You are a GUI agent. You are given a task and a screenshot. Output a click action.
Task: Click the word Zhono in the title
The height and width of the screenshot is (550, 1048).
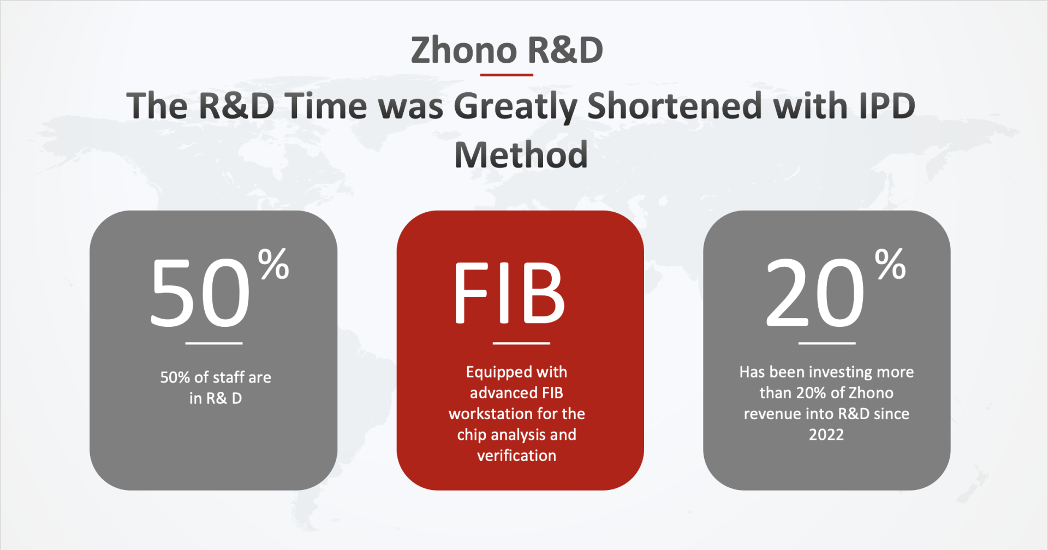464,50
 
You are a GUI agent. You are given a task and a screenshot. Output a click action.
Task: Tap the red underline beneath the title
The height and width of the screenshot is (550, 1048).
507,75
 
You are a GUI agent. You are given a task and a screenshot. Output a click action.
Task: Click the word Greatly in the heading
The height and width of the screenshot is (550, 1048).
515,107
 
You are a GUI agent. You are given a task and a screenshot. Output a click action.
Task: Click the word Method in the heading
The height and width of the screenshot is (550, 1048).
521,155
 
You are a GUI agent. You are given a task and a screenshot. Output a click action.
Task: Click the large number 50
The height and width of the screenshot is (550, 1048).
200,292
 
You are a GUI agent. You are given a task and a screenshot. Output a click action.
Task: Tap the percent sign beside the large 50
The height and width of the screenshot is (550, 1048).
273,264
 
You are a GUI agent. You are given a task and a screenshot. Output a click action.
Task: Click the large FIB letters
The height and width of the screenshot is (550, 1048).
509,292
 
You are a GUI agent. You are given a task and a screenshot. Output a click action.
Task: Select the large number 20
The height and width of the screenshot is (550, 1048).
815,292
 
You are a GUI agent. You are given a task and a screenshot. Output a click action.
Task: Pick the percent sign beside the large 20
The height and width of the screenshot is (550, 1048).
890,264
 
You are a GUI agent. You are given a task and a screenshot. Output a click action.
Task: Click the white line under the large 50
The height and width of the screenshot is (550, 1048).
214,343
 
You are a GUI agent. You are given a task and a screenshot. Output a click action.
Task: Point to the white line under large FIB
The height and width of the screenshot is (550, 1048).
521,343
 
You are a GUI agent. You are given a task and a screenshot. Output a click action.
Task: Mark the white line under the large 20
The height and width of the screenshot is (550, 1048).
827,343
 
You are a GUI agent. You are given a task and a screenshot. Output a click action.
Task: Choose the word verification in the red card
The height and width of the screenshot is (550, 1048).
517,456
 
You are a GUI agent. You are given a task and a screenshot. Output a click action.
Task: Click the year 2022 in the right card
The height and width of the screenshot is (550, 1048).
826,435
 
